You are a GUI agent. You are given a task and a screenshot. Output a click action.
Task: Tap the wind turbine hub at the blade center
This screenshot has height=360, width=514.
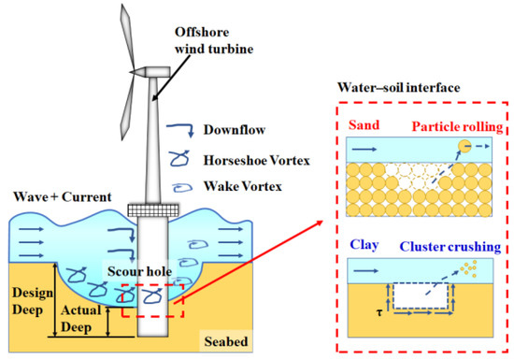click(x=138, y=71)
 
